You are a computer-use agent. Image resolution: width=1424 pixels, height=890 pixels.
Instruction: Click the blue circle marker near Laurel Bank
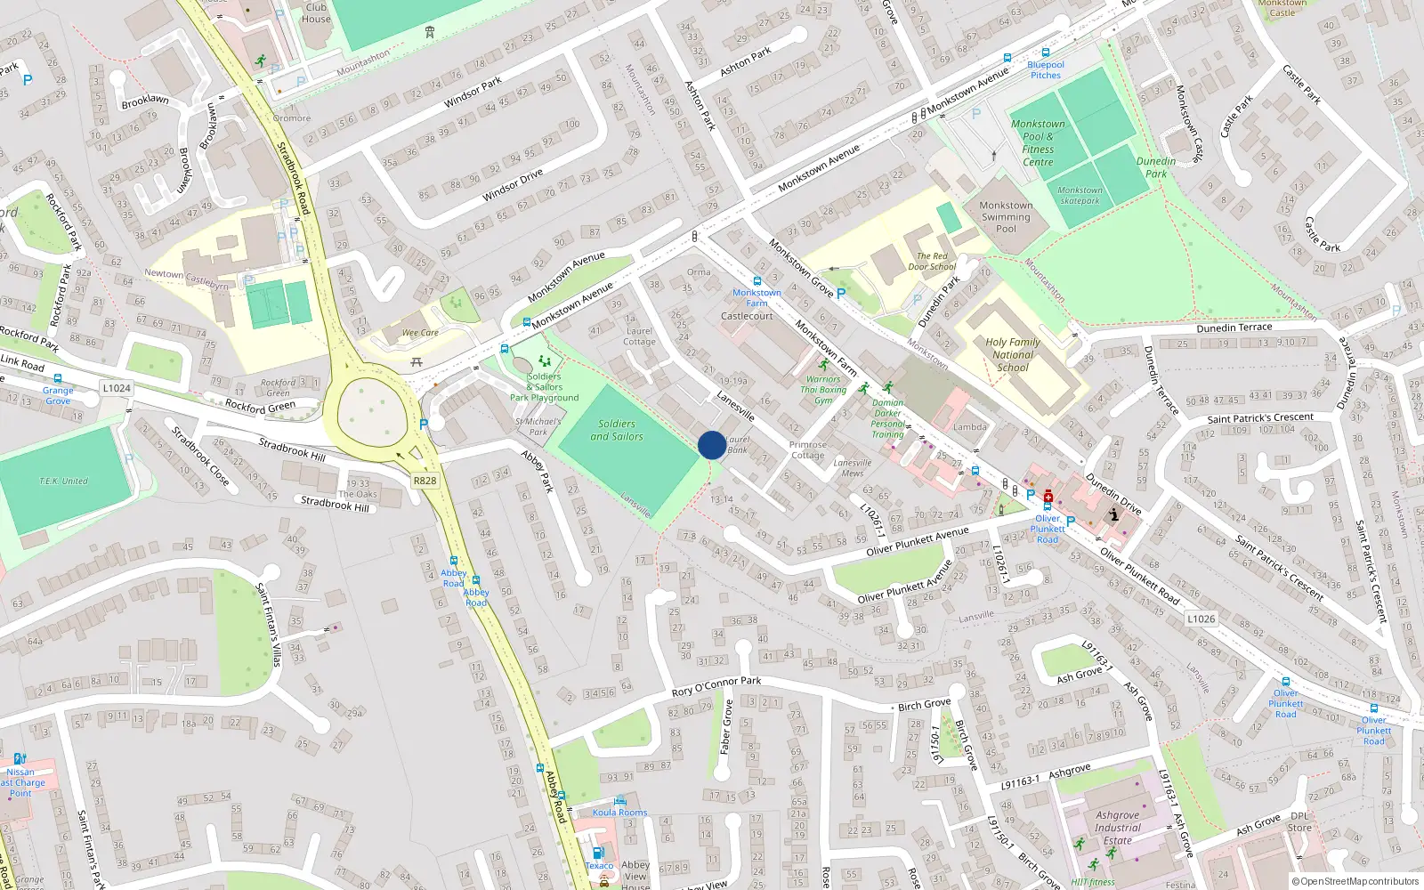711,445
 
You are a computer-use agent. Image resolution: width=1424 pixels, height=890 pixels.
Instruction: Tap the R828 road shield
425,481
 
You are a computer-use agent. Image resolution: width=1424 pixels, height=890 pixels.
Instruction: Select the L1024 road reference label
117,388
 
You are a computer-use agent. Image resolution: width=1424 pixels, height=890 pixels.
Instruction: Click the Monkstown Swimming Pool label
1006,217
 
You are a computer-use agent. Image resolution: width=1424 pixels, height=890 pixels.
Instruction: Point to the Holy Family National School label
1013,354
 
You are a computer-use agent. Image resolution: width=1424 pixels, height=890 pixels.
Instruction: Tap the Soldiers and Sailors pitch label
617,430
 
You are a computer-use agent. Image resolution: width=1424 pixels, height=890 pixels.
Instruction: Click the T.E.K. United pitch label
63,481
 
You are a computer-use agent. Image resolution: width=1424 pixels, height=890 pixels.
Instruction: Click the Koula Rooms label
620,813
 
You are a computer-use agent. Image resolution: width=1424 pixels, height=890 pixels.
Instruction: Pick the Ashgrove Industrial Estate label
1118,828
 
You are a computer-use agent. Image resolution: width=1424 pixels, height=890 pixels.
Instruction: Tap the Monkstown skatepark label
1080,195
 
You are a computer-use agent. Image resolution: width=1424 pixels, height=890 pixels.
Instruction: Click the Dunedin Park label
1156,167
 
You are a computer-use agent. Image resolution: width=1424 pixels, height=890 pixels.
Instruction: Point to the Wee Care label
420,333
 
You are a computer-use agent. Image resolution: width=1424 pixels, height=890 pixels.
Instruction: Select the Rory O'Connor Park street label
716,685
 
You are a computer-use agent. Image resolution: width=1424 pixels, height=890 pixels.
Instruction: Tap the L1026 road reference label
1201,619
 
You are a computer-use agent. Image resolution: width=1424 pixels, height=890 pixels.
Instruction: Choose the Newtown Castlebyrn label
186,279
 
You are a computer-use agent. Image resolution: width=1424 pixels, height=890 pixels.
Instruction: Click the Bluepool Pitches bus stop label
1046,69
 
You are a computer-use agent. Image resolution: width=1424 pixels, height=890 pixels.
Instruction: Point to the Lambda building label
970,427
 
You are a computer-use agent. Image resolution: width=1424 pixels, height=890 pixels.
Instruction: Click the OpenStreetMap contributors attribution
1355,881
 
